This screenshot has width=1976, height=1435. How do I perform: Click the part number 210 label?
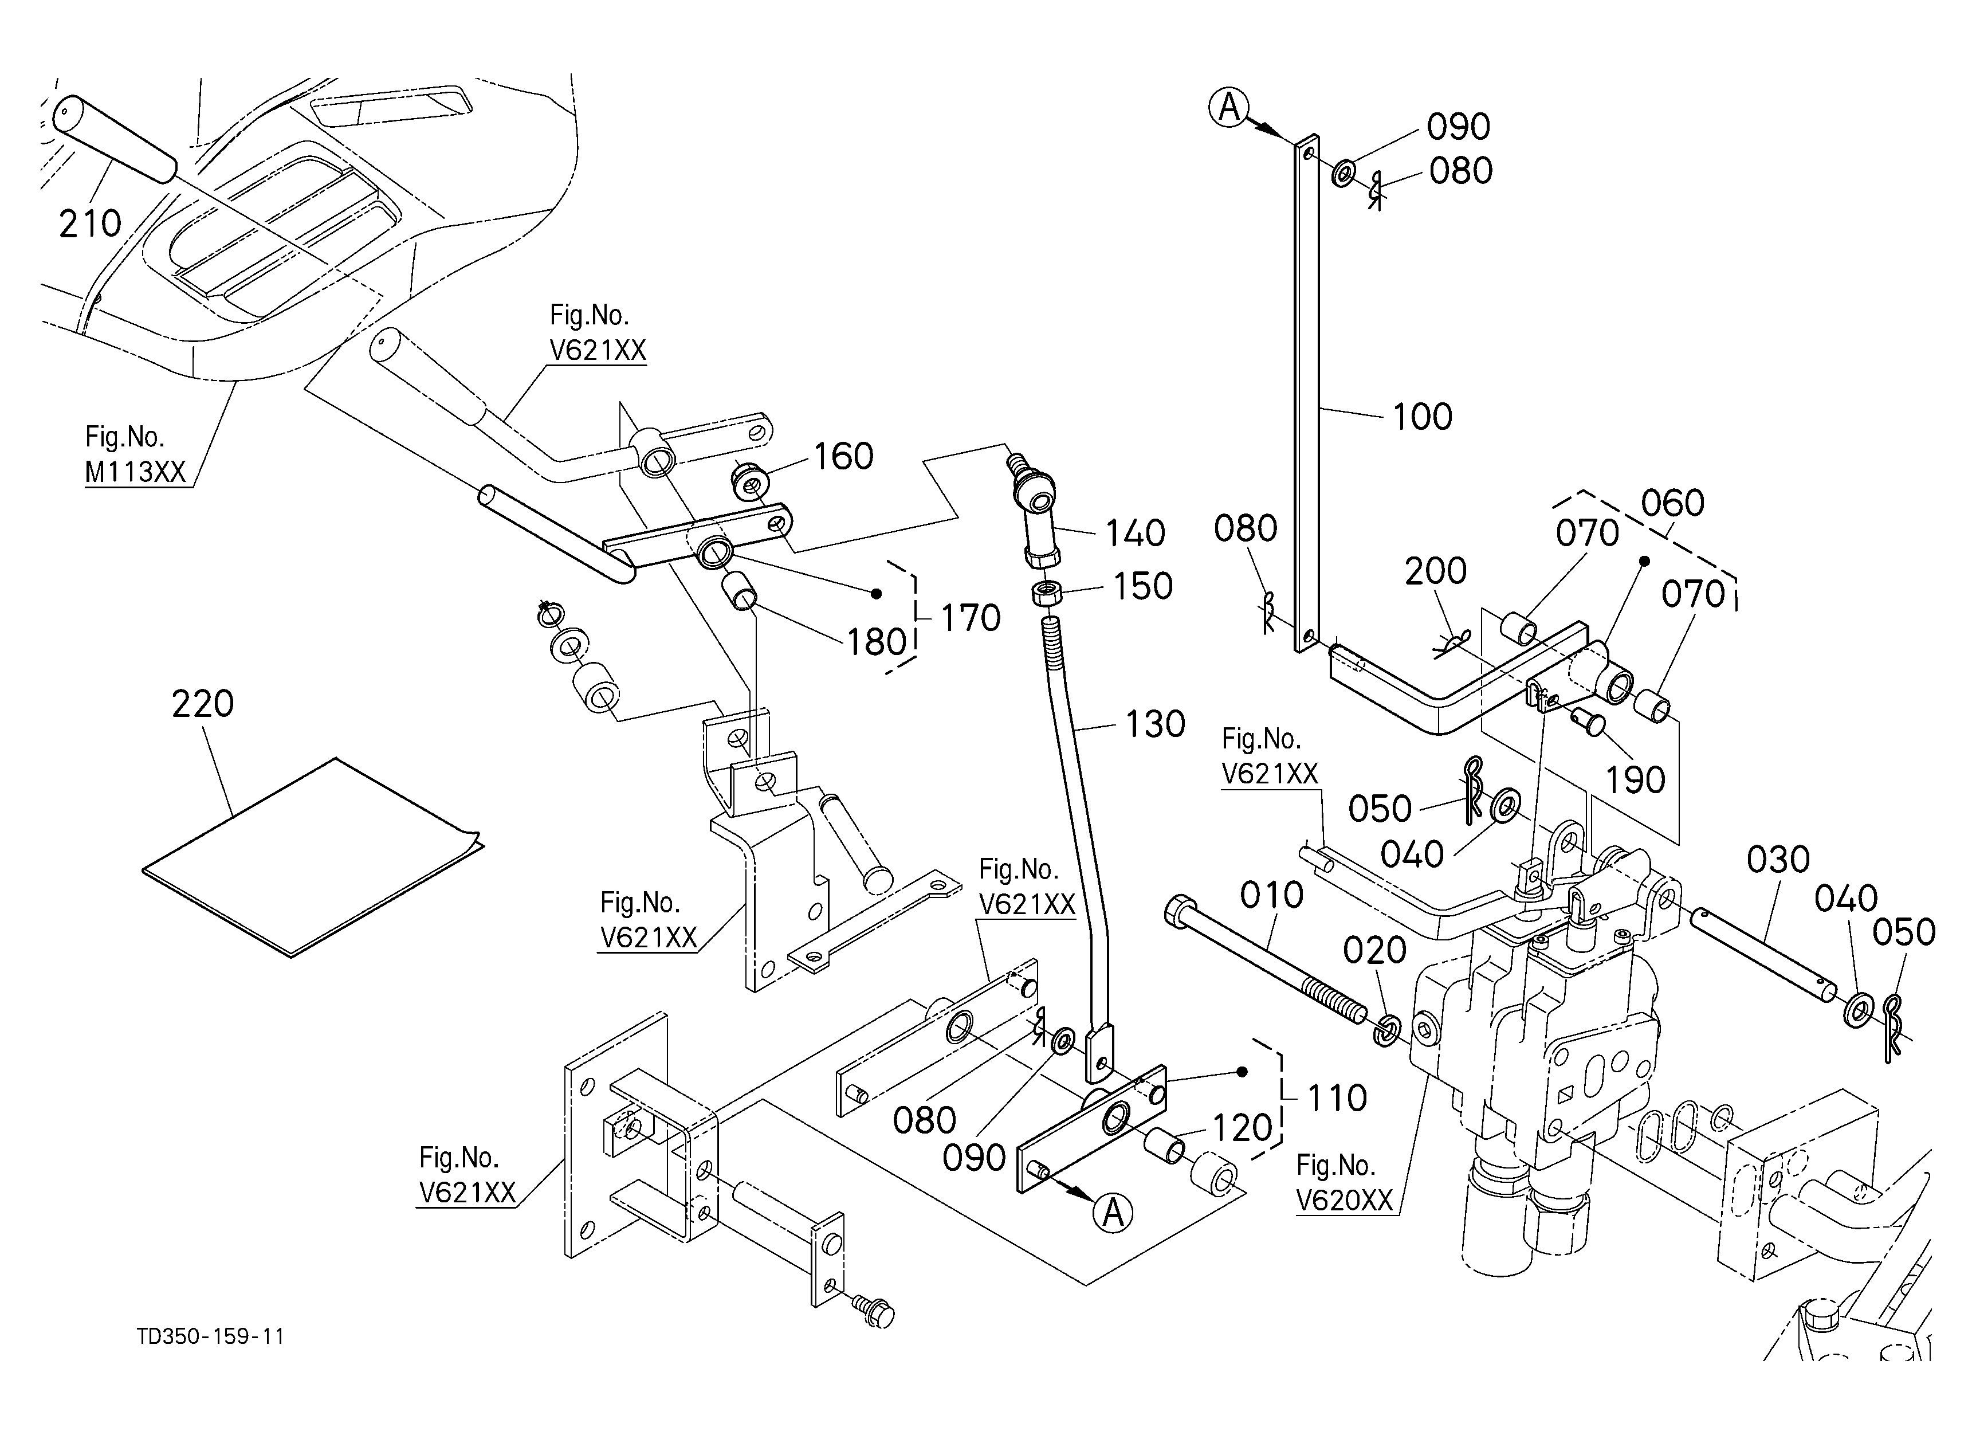90,224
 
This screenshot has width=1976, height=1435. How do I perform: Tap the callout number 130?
1155,724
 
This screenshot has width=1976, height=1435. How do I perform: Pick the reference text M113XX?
135,472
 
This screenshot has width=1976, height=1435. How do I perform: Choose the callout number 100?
1422,417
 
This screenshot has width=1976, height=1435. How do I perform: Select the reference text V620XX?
1345,1201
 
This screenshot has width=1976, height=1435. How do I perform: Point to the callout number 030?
1778,860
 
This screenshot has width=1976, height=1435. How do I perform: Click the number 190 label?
1635,781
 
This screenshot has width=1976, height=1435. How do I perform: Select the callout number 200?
1436,571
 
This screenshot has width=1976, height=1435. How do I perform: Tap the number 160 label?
843,457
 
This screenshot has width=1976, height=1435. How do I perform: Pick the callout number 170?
971,618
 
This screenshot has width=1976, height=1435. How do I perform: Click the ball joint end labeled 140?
1035,509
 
